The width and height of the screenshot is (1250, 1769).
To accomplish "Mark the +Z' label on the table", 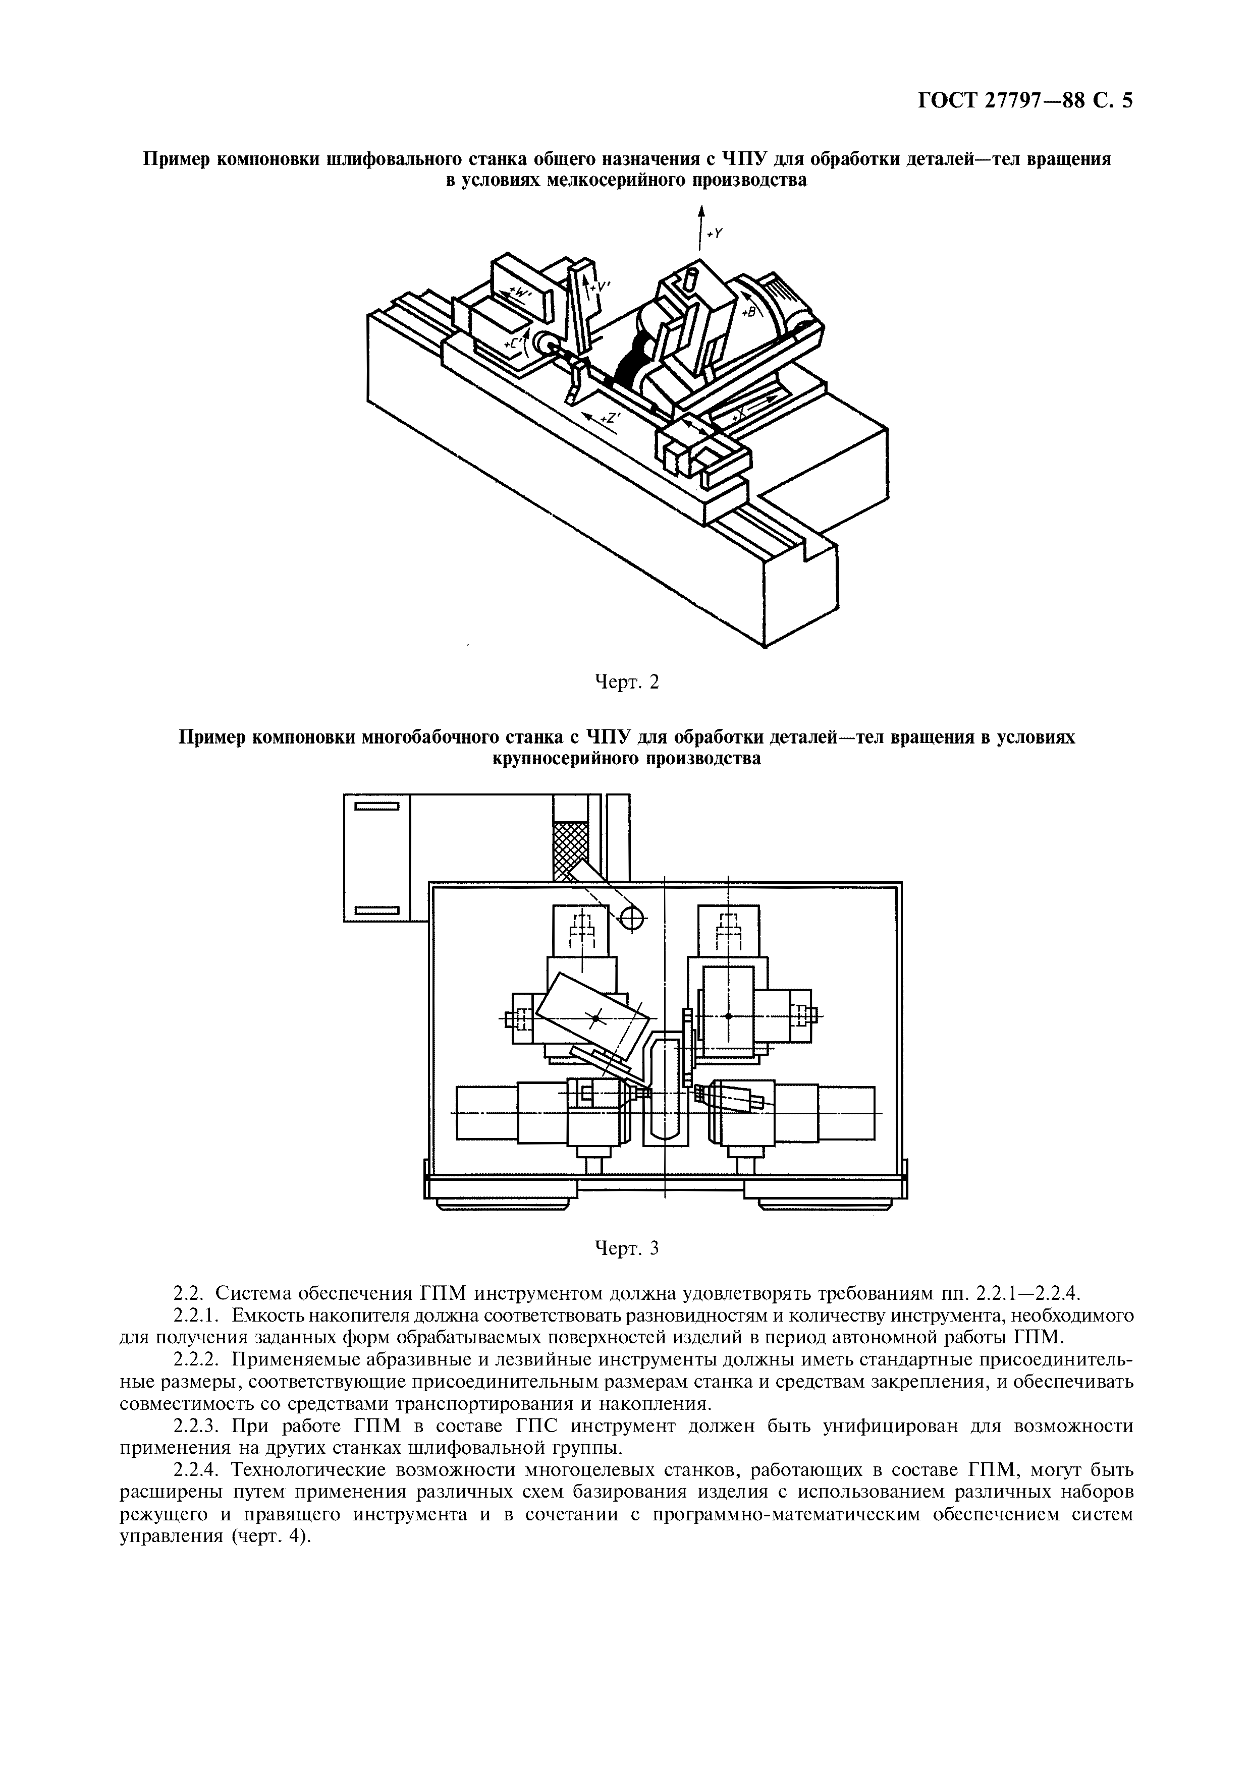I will click(611, 418).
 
